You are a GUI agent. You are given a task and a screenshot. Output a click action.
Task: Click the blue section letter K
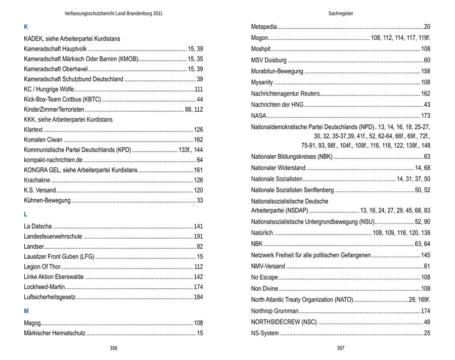(x=26, y=27)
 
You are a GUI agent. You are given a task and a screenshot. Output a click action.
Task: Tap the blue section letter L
(x=26, y=214)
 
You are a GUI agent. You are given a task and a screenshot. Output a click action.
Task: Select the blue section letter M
(x=26, y=311)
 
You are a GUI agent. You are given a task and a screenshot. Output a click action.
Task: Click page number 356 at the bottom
(x=114, y=348)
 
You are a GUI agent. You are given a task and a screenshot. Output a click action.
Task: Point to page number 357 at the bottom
(x=341, y=348)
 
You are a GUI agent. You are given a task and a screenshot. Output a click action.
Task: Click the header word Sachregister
(x=341, y=14)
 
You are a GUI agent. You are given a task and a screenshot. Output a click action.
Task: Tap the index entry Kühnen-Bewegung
(x=47, y=201)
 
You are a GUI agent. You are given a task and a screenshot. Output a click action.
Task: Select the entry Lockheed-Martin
(x=43, y=287)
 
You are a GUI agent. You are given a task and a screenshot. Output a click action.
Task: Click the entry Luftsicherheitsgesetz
(x=50, y=297)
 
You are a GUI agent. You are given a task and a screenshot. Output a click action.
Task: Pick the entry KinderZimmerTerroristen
(x=54, y=109)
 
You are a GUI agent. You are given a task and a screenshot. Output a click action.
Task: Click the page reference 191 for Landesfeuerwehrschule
(x=198, y=236)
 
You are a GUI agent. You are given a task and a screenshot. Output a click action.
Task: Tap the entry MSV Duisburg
(x=269, y=60)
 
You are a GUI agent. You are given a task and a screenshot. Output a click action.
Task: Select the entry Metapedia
(x=264, y=26)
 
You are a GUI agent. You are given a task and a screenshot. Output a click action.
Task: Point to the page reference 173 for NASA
(x=425, y=116)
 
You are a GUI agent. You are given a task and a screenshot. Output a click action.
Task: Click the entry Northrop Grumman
(x=275, y=310)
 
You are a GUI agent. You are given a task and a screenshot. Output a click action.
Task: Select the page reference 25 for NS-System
(x=427, y=333)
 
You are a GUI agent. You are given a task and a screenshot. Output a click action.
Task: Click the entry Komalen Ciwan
(x=43, y=140)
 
